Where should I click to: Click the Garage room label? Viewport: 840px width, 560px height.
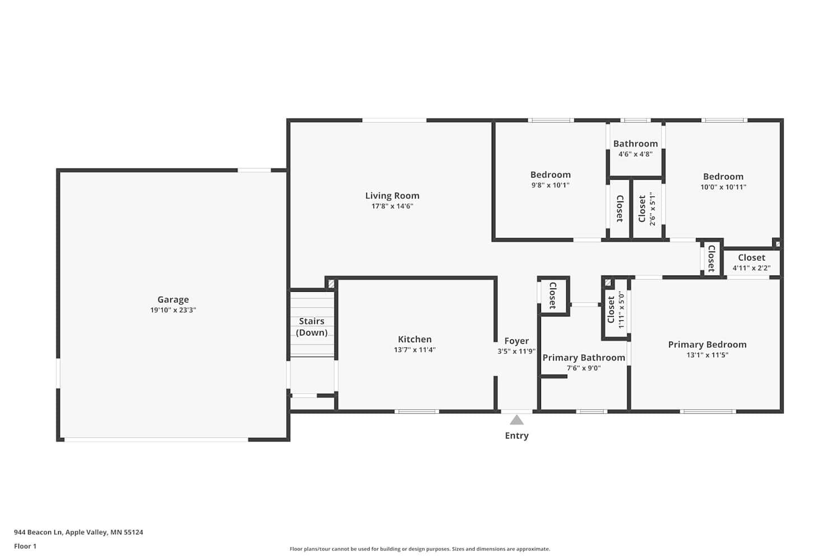(172, 300)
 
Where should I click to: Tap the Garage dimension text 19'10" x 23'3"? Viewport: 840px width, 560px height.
(172, 310)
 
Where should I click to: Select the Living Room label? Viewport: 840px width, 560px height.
(392, 195)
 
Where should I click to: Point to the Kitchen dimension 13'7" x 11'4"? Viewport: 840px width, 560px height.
(414, 350)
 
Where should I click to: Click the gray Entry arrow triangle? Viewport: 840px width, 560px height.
(516, 420)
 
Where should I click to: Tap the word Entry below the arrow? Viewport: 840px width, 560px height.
(516, 436)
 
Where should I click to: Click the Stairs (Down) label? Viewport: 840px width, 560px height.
(311, 326)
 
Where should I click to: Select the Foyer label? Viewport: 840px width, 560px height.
(516, 340)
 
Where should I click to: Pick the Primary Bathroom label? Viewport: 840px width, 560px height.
(584, 357)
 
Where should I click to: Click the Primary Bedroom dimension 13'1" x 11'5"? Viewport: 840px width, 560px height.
(707, 355)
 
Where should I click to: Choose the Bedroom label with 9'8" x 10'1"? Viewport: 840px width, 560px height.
(550, 175)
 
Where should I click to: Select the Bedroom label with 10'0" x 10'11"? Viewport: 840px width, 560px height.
(723, 176)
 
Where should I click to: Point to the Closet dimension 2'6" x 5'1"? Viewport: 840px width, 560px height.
(652, 209)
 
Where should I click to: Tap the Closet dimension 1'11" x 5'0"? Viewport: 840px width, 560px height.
(621, 310)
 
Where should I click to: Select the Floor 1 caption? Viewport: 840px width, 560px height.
(25, 547)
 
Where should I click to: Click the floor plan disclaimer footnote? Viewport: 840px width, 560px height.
(419, 549)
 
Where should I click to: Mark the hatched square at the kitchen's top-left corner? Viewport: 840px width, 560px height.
(331, 284)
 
